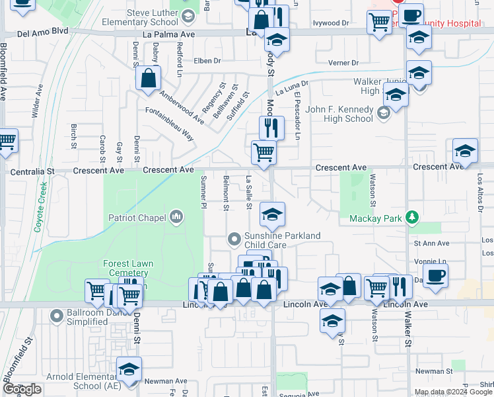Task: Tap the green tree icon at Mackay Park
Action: click(x=413, y=216)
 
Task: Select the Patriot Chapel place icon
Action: click(x=176, y=216)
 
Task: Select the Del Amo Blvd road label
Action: click(x=42, y=32)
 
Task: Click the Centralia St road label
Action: click(x=32, y=171)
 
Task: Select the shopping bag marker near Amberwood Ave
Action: click(x=149, y=77)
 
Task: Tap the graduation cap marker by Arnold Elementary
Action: click(x=129, y=368)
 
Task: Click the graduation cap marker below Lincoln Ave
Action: click(x=332, y=321)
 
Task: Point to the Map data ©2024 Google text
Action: click(x=452, y=392)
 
